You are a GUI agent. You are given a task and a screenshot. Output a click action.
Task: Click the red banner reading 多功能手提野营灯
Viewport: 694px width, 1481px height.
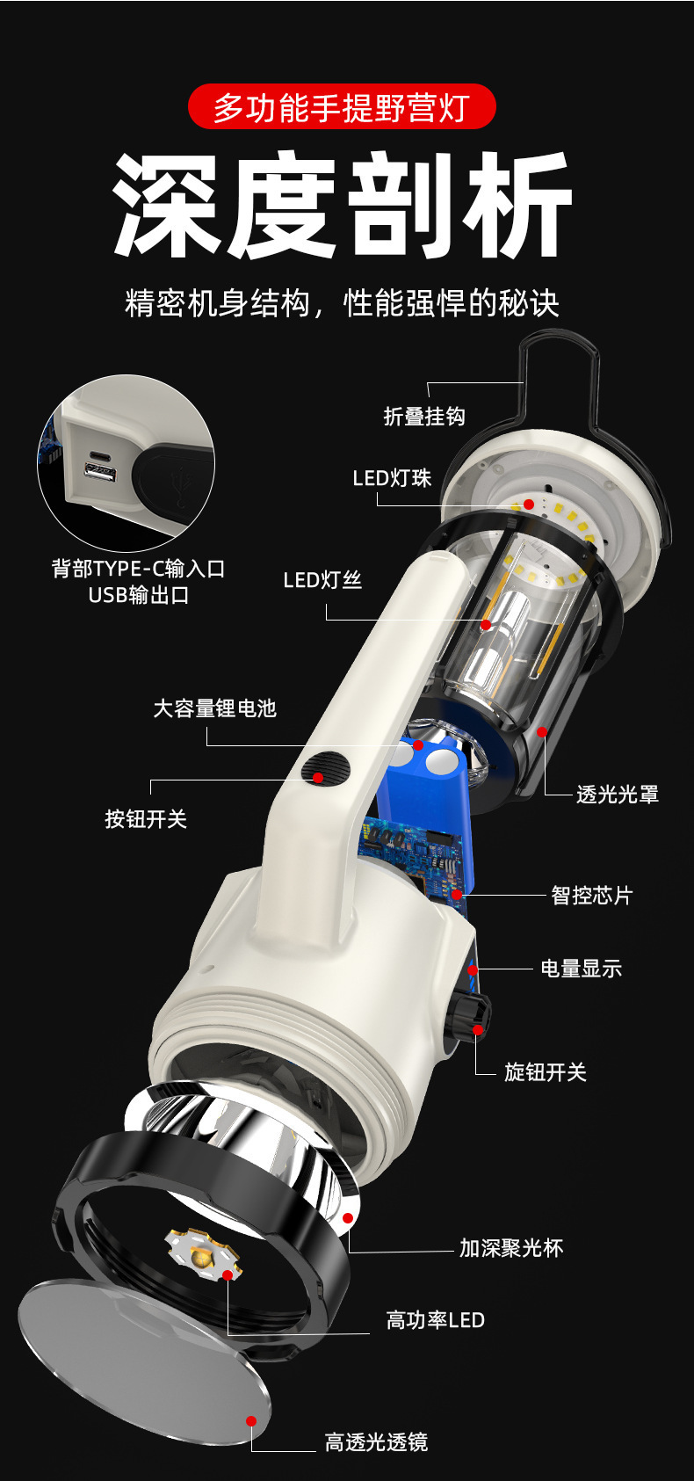(342, 108)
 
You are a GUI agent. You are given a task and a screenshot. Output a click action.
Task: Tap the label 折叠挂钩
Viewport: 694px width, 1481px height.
(423, 416)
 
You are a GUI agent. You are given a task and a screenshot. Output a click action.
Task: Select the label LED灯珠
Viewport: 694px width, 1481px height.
(392, 478)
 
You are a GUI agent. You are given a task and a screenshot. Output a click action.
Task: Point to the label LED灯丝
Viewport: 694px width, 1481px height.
(322, 580)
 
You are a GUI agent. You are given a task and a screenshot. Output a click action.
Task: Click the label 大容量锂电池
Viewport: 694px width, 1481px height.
(214, 708)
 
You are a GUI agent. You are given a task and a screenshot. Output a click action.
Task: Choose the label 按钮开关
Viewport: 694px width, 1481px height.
(146, 819)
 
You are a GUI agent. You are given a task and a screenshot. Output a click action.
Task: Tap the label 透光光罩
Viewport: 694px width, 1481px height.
(617, 795)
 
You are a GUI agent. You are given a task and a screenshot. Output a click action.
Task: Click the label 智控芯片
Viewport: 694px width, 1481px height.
(591, 896)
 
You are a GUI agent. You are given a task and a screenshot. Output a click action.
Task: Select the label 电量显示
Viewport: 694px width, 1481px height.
(581, 969)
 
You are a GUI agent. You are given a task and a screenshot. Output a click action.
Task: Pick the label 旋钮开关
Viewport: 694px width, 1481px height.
(545, 1072)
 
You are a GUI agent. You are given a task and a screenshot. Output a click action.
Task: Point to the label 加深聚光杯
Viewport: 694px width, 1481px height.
(510, 1248)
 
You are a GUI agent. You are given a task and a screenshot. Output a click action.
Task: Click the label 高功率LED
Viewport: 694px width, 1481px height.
(435, 1320)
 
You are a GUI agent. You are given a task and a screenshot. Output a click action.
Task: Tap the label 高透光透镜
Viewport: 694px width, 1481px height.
(376, 1442)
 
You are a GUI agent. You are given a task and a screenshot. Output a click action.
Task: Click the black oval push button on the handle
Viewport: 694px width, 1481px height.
(324, 770)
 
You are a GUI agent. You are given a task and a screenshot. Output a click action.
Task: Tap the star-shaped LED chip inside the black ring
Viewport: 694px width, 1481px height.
(202, 1253)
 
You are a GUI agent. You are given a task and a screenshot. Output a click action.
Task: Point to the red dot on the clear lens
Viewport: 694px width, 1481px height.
(251, 1421)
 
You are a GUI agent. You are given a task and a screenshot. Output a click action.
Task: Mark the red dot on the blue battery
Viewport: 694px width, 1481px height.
(418, 745)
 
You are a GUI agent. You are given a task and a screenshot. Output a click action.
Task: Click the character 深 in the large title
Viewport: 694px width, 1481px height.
(165, 207)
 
